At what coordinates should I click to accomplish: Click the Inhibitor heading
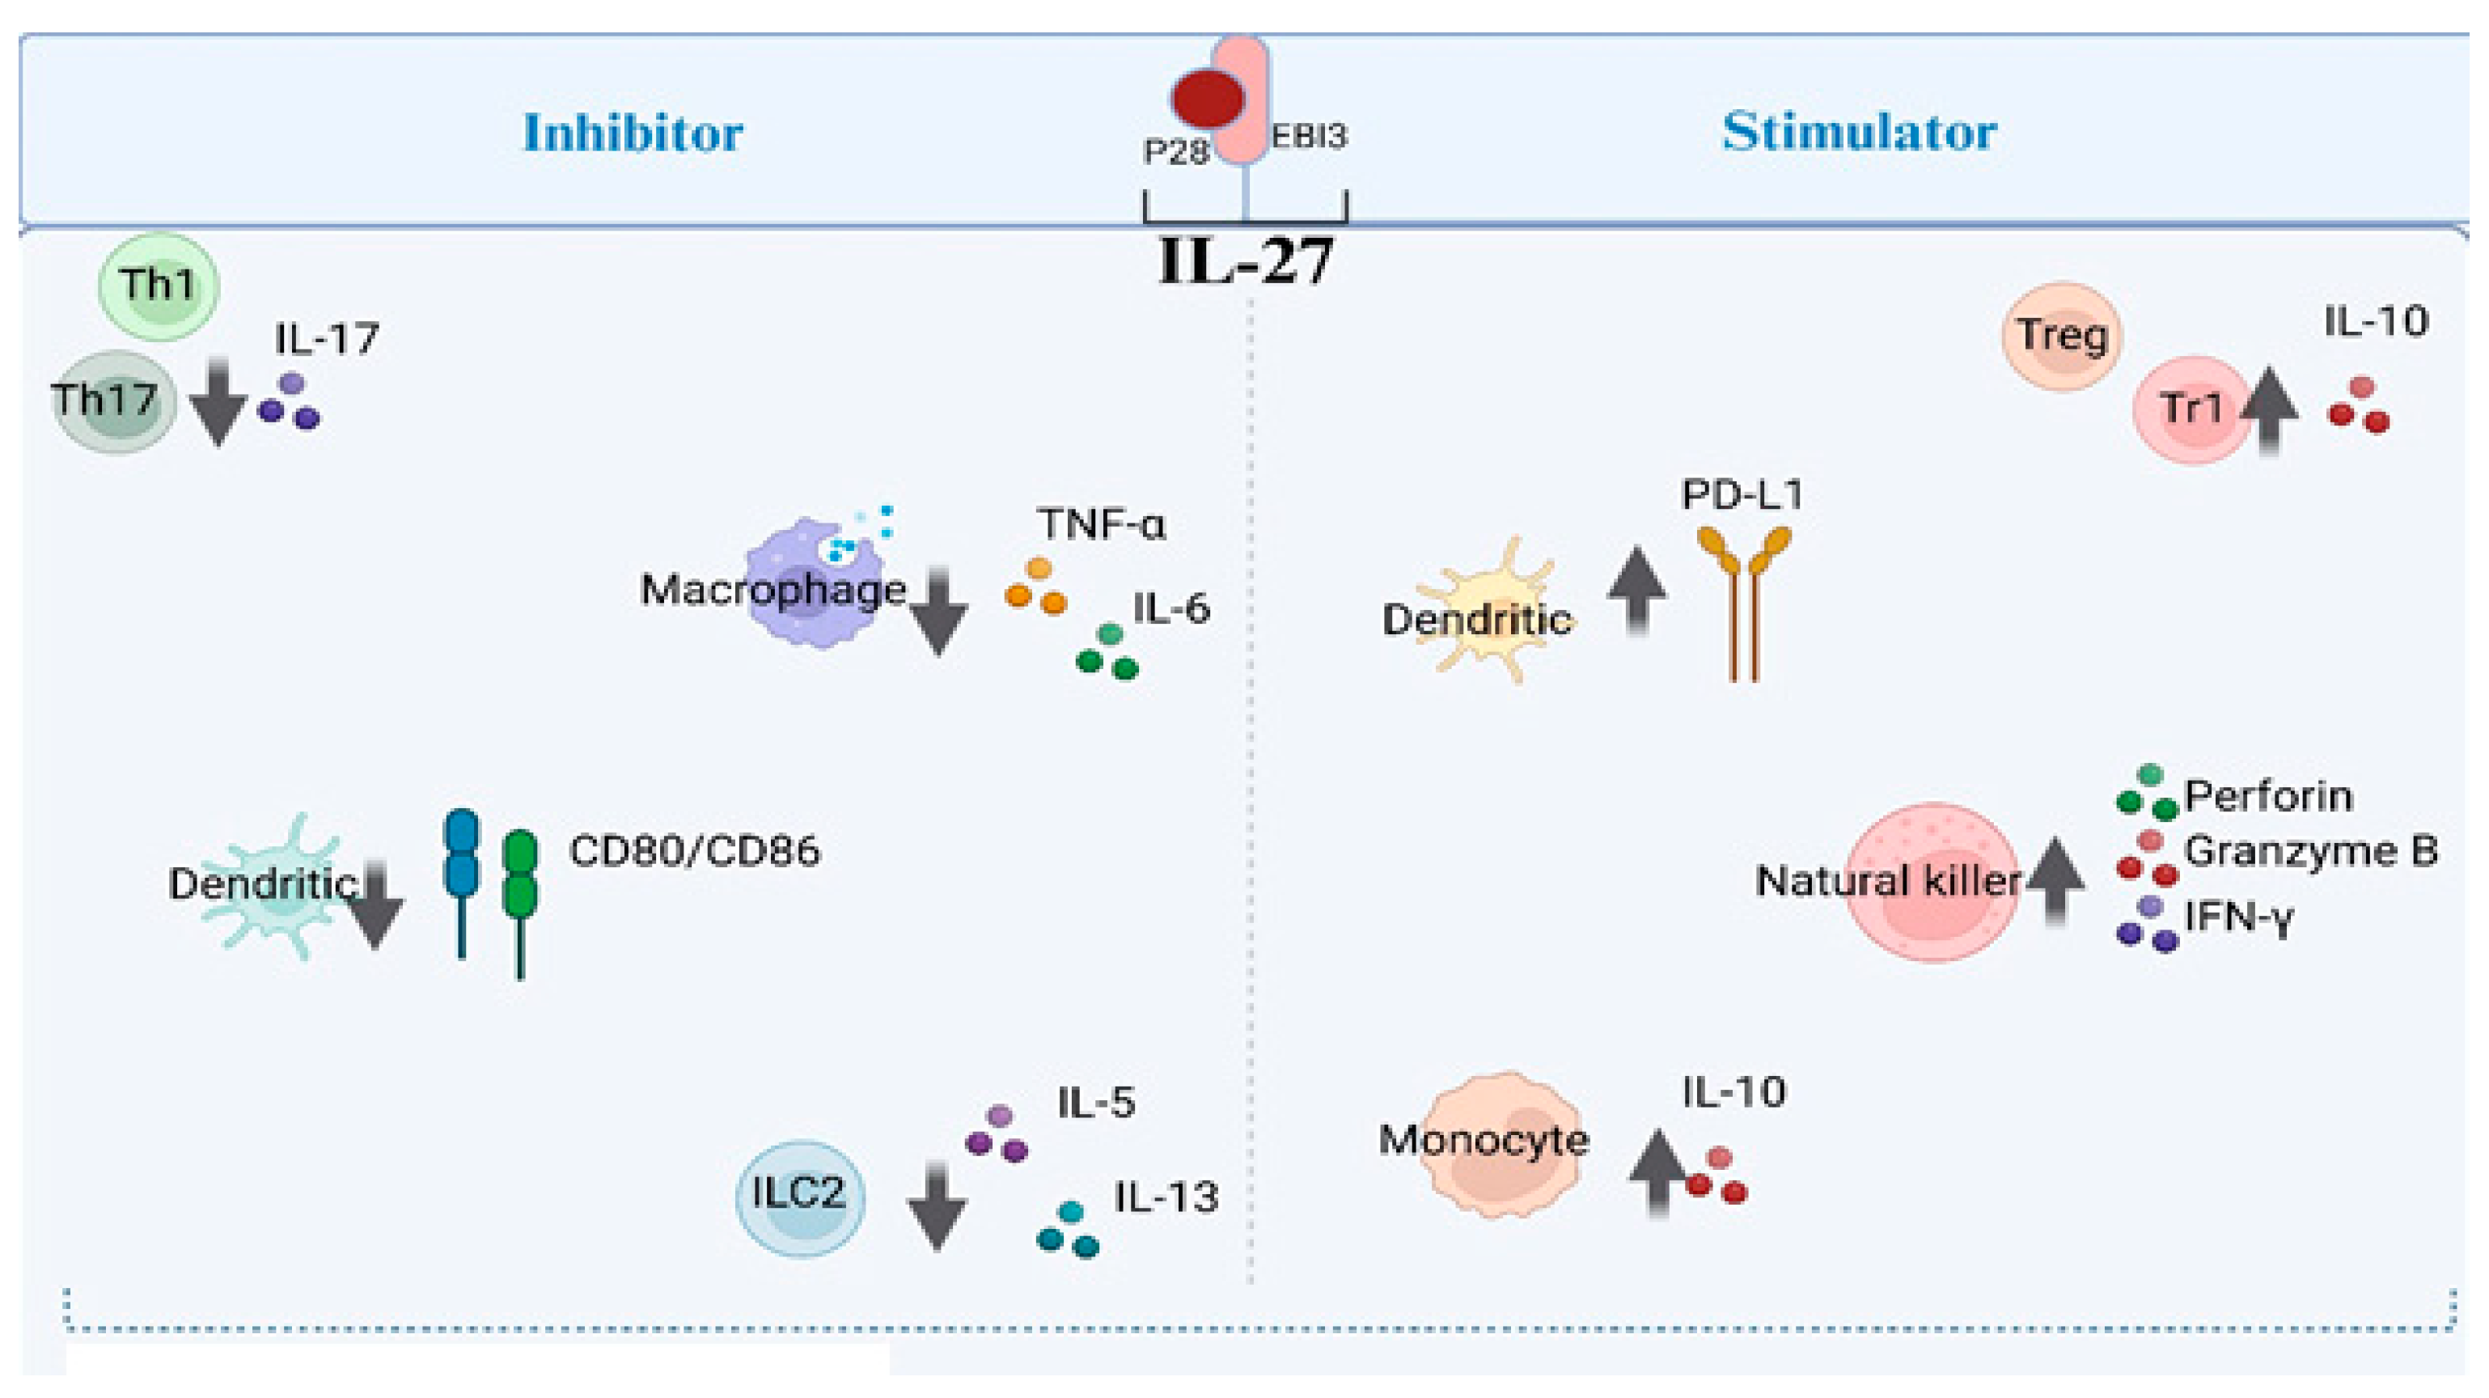[633, 133]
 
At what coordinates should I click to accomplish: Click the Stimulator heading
[1858, 133]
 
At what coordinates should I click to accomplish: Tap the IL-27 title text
[1246, 261]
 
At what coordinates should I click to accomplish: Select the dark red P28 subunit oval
[1208, 99]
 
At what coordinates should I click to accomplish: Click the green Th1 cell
[159, 286]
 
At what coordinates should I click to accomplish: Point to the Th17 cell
[114, 400]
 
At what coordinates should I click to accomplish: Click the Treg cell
[2062, 337]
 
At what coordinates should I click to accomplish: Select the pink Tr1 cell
[2191, 409]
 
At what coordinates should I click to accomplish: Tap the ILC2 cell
[800, 1195]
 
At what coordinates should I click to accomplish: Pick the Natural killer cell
[1932, 881]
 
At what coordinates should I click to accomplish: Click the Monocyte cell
[1502, 1144]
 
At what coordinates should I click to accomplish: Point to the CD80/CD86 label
[694, 851]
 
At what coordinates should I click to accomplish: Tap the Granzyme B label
[2310, 851]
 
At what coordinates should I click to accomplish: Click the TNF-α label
[1102, 524]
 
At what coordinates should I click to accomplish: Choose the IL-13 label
[1166, 1198]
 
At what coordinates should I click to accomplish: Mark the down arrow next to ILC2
[936, 1208]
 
